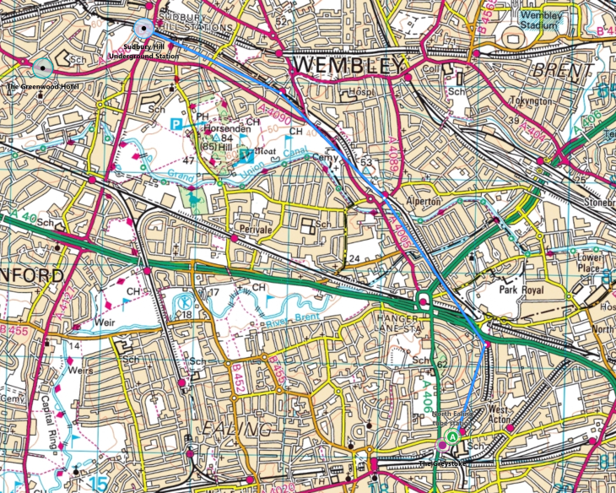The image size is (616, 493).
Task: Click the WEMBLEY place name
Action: coord(348,65)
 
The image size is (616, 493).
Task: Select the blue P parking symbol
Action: coord(176,123)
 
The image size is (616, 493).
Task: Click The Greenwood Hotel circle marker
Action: coord(43,65)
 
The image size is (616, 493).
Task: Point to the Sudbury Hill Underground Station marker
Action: coord(144,28)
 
